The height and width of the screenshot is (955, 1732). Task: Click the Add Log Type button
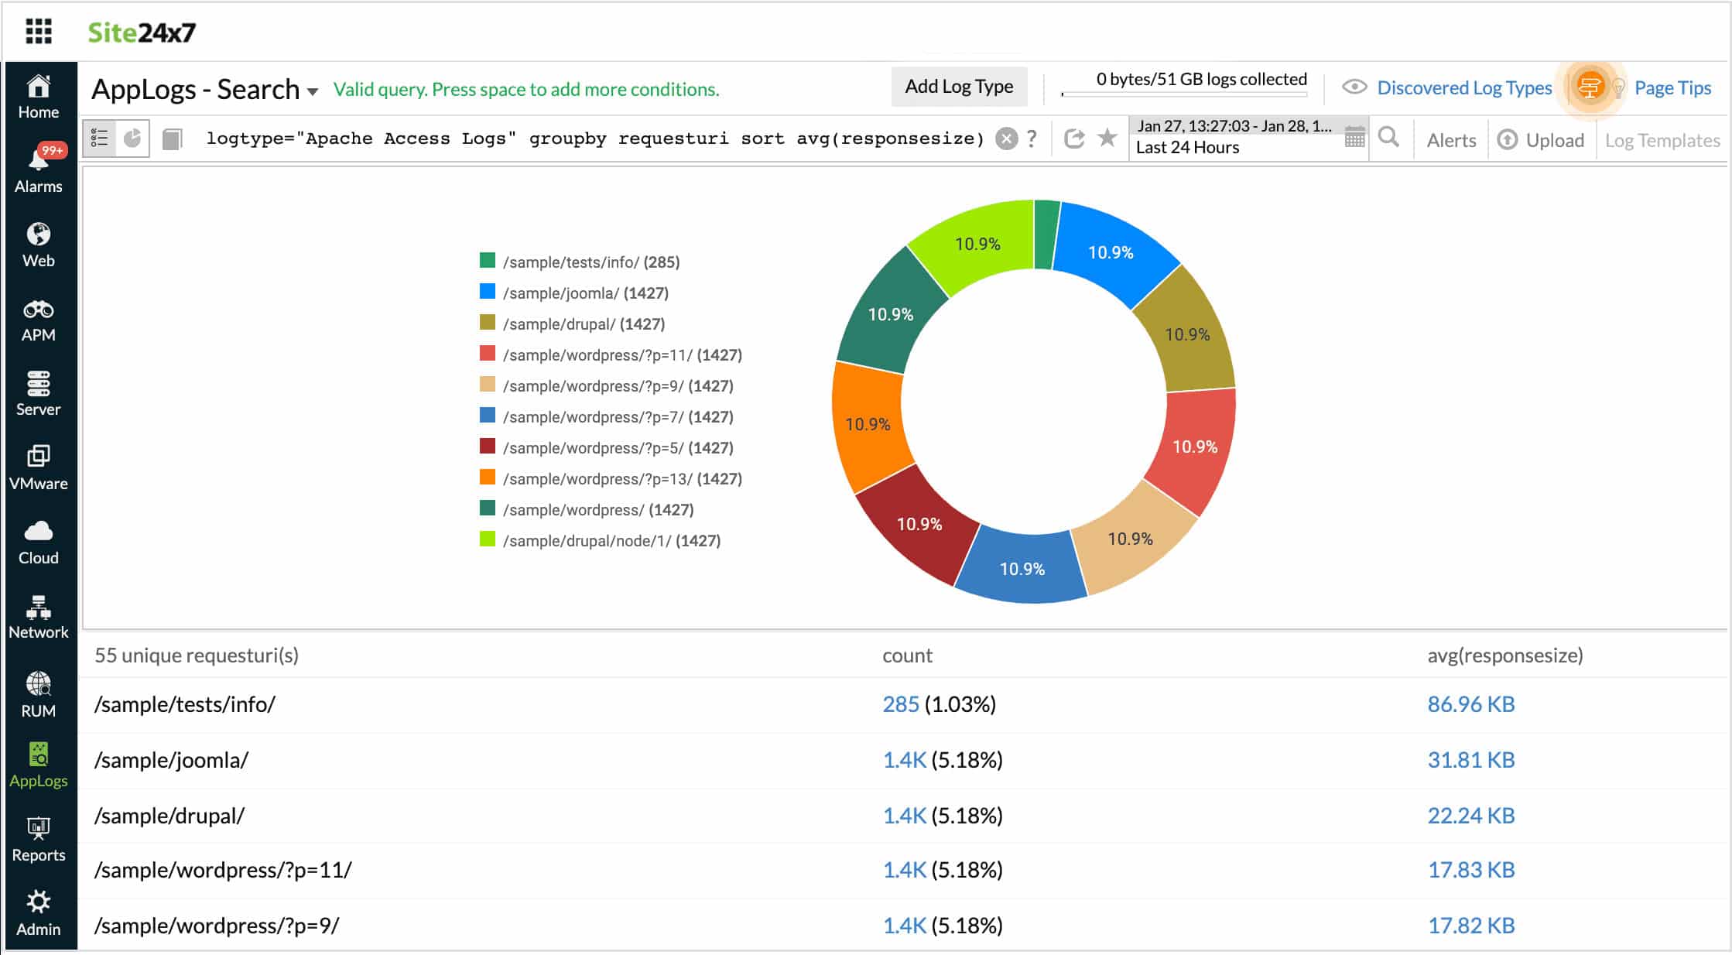[x=959, y=87]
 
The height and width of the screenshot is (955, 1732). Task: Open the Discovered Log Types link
[x=1463, y=88]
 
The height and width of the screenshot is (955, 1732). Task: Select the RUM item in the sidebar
[x=38, y=694]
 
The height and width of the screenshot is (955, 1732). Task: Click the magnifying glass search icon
[x=1389, y=138]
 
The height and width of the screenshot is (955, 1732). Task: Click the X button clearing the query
[x=1006, y=139]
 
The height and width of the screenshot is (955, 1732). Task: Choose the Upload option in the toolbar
[x=1541, y=140]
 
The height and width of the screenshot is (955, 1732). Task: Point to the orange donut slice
[x=868, y=424]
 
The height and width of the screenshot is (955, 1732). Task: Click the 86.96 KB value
[x=1470, y=704]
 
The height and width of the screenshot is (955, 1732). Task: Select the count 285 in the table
[x=901, y=704]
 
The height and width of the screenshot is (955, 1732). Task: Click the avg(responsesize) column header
[x=1504, y=655]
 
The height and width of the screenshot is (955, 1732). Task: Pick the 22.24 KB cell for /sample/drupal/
[x=1470, y=816]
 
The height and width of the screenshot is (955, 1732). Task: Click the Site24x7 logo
[x=142, y=33]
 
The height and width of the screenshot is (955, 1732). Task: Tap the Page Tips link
[x=1672, y=88]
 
